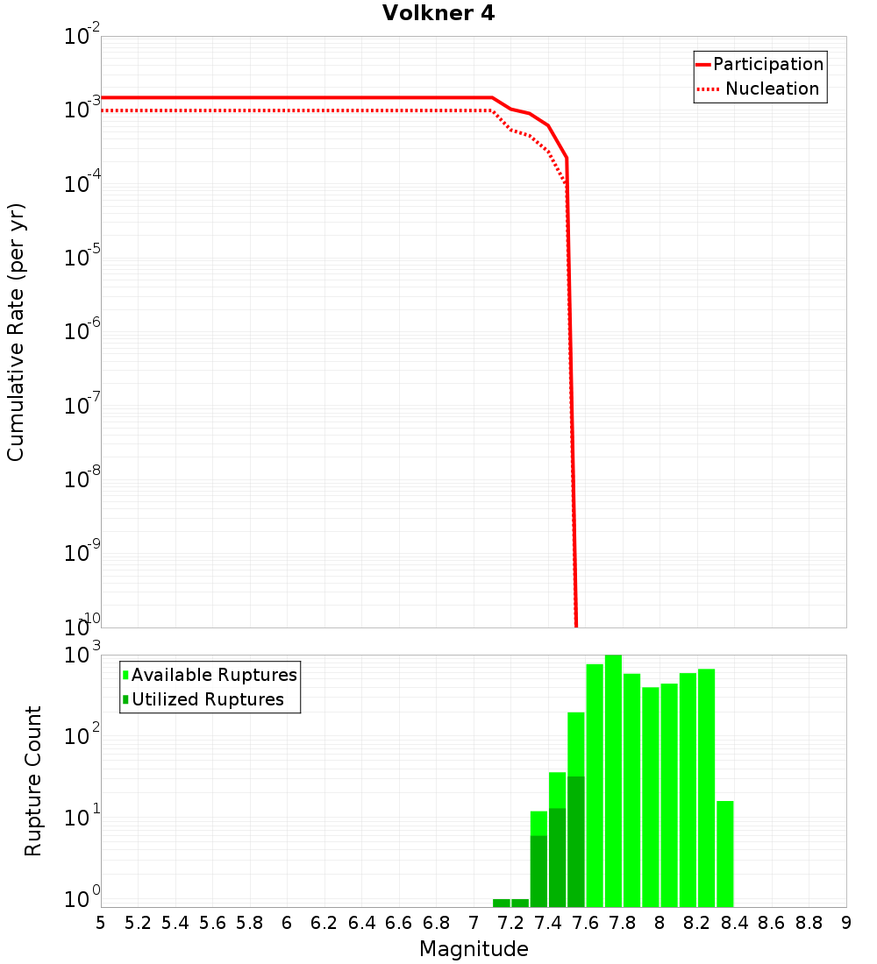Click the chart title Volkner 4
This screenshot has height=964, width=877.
[x=438, y=14]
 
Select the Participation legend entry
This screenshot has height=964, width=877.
[x=767, y=64]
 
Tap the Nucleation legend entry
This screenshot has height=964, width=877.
[x=771, y=89]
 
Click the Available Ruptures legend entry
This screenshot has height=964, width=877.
[x=214, y=675]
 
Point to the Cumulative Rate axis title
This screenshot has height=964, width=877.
[x=17, y=332]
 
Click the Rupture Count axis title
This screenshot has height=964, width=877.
[x=33, y=781]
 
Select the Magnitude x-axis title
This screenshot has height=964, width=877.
[x=474, y=949]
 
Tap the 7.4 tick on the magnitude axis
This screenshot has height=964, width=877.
[x=548, y=923]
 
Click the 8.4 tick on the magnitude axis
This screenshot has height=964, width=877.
[x=735, y=923]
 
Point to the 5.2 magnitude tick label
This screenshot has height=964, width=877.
[x=138, y=923]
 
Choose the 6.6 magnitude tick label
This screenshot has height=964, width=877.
[x=399, y=923]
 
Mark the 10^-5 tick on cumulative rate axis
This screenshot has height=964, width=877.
[x=84, y=258]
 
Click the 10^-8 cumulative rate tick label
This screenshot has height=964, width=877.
[x=84, y=479]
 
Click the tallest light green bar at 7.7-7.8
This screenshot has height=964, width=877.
[x=613, y=780]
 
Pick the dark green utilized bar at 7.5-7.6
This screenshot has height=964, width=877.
[x=576, y=841]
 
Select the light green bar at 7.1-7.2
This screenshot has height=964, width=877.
[x=502, y=903]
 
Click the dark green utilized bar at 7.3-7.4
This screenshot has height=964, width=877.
[x=538, y=871]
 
